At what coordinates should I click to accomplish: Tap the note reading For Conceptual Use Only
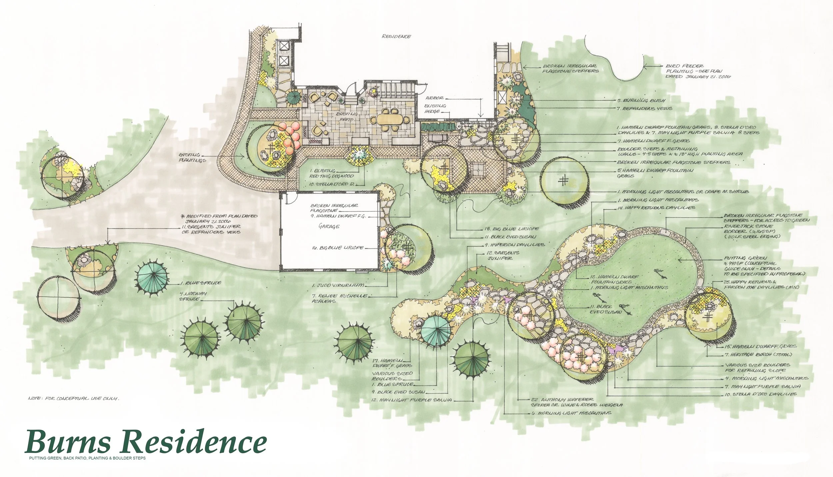point(74,398)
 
